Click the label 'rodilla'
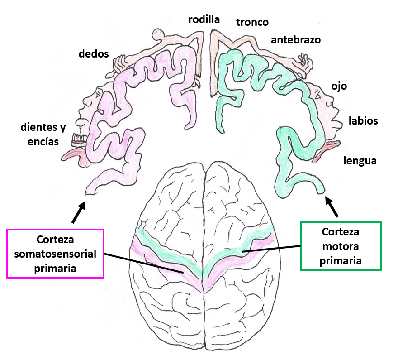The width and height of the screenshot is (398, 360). coord(204,19)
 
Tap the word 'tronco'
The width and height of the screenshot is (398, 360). coord(252,22)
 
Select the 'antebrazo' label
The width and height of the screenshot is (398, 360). coord(296,40)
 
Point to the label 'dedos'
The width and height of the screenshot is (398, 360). coord(94,54)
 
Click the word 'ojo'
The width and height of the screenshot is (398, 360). coord(339,86)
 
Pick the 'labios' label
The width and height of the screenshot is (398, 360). coord(363,121)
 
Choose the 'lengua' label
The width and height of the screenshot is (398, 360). coord(360,160)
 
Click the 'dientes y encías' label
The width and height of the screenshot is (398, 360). coord(40,134)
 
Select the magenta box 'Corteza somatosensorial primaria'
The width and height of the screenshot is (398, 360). coord(55,254)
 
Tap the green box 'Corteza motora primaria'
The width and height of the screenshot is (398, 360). coord(341,246)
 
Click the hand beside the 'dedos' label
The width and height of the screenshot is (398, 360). coord(119,63)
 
